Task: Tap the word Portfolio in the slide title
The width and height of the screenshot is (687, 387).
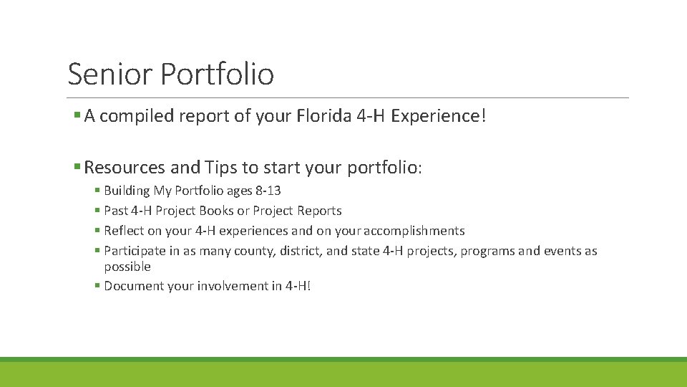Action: click(x=218, y=74)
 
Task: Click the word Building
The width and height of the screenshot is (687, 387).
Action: click(x=127, y=191)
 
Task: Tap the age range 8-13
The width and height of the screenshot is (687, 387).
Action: click(x=268, y=191)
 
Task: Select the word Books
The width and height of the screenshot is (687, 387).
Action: click(x=216, y=211)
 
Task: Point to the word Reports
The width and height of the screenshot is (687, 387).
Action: click(x=321, y=211)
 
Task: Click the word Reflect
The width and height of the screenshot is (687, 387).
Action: click(x=124, y=231)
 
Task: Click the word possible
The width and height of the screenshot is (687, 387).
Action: click(x=127, y=267)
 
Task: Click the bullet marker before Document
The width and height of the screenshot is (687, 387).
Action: click(x=97, y=286)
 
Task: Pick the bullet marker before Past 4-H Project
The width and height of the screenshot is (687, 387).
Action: click(x=97, y=211)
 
